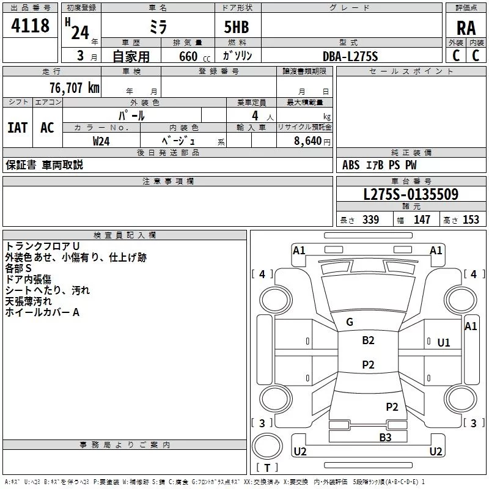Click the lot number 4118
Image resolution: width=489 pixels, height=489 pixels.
30,25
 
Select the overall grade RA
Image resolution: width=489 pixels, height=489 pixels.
466,28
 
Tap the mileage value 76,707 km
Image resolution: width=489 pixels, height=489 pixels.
75,87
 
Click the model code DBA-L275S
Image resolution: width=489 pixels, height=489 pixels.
350,56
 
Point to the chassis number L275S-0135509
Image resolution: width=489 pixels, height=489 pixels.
411,194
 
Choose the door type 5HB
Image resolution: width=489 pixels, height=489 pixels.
237,27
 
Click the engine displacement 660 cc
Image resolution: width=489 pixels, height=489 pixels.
194,56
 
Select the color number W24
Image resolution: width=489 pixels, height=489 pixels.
101,141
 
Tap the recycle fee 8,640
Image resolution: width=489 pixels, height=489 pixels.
307,141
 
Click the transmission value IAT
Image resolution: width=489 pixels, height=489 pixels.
18,128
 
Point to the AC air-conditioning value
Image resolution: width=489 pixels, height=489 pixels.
48,128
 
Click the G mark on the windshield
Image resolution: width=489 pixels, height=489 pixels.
350,322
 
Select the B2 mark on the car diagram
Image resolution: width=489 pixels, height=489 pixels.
368,340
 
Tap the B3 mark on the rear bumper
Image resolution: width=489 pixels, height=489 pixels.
385,437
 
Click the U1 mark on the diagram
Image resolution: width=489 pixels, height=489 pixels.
444,343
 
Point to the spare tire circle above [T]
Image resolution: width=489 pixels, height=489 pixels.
267,446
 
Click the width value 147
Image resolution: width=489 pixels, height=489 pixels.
422,219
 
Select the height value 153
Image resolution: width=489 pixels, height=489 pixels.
471,219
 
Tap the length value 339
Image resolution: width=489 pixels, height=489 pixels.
370,219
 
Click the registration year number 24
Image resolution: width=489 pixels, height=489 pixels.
80,33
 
